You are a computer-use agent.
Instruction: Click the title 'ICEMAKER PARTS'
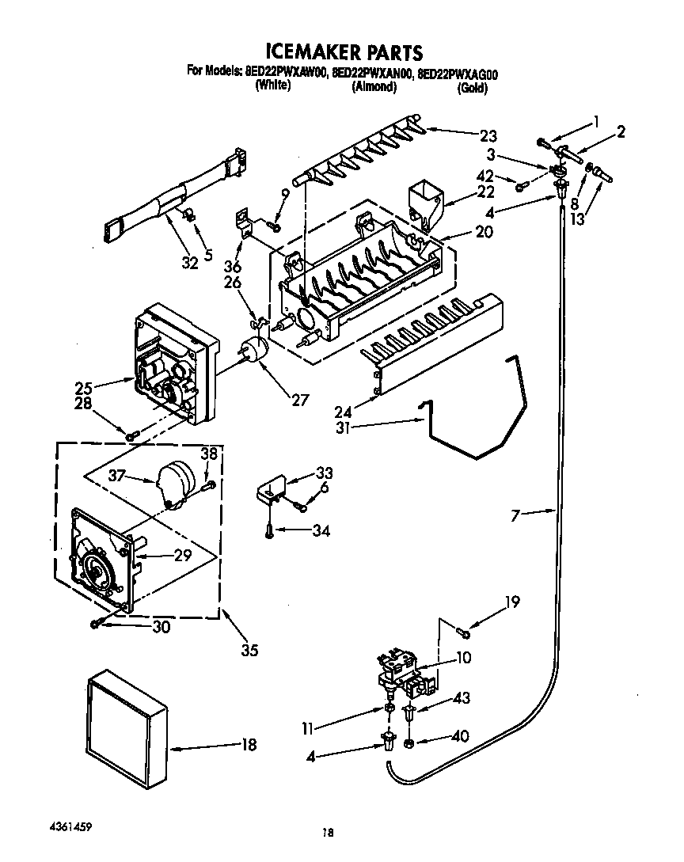point(343,53)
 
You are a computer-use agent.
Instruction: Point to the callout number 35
point(249,651)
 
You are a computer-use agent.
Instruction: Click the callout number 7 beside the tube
point(515,515)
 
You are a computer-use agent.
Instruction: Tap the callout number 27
point(299,400)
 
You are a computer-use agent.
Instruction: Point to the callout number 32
point(188,264)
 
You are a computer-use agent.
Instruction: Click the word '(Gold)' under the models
point(472,88)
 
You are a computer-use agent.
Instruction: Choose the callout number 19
point(512,602)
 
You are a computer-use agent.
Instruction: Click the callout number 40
point(458,737)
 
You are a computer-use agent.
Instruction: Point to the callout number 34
point(321,530)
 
